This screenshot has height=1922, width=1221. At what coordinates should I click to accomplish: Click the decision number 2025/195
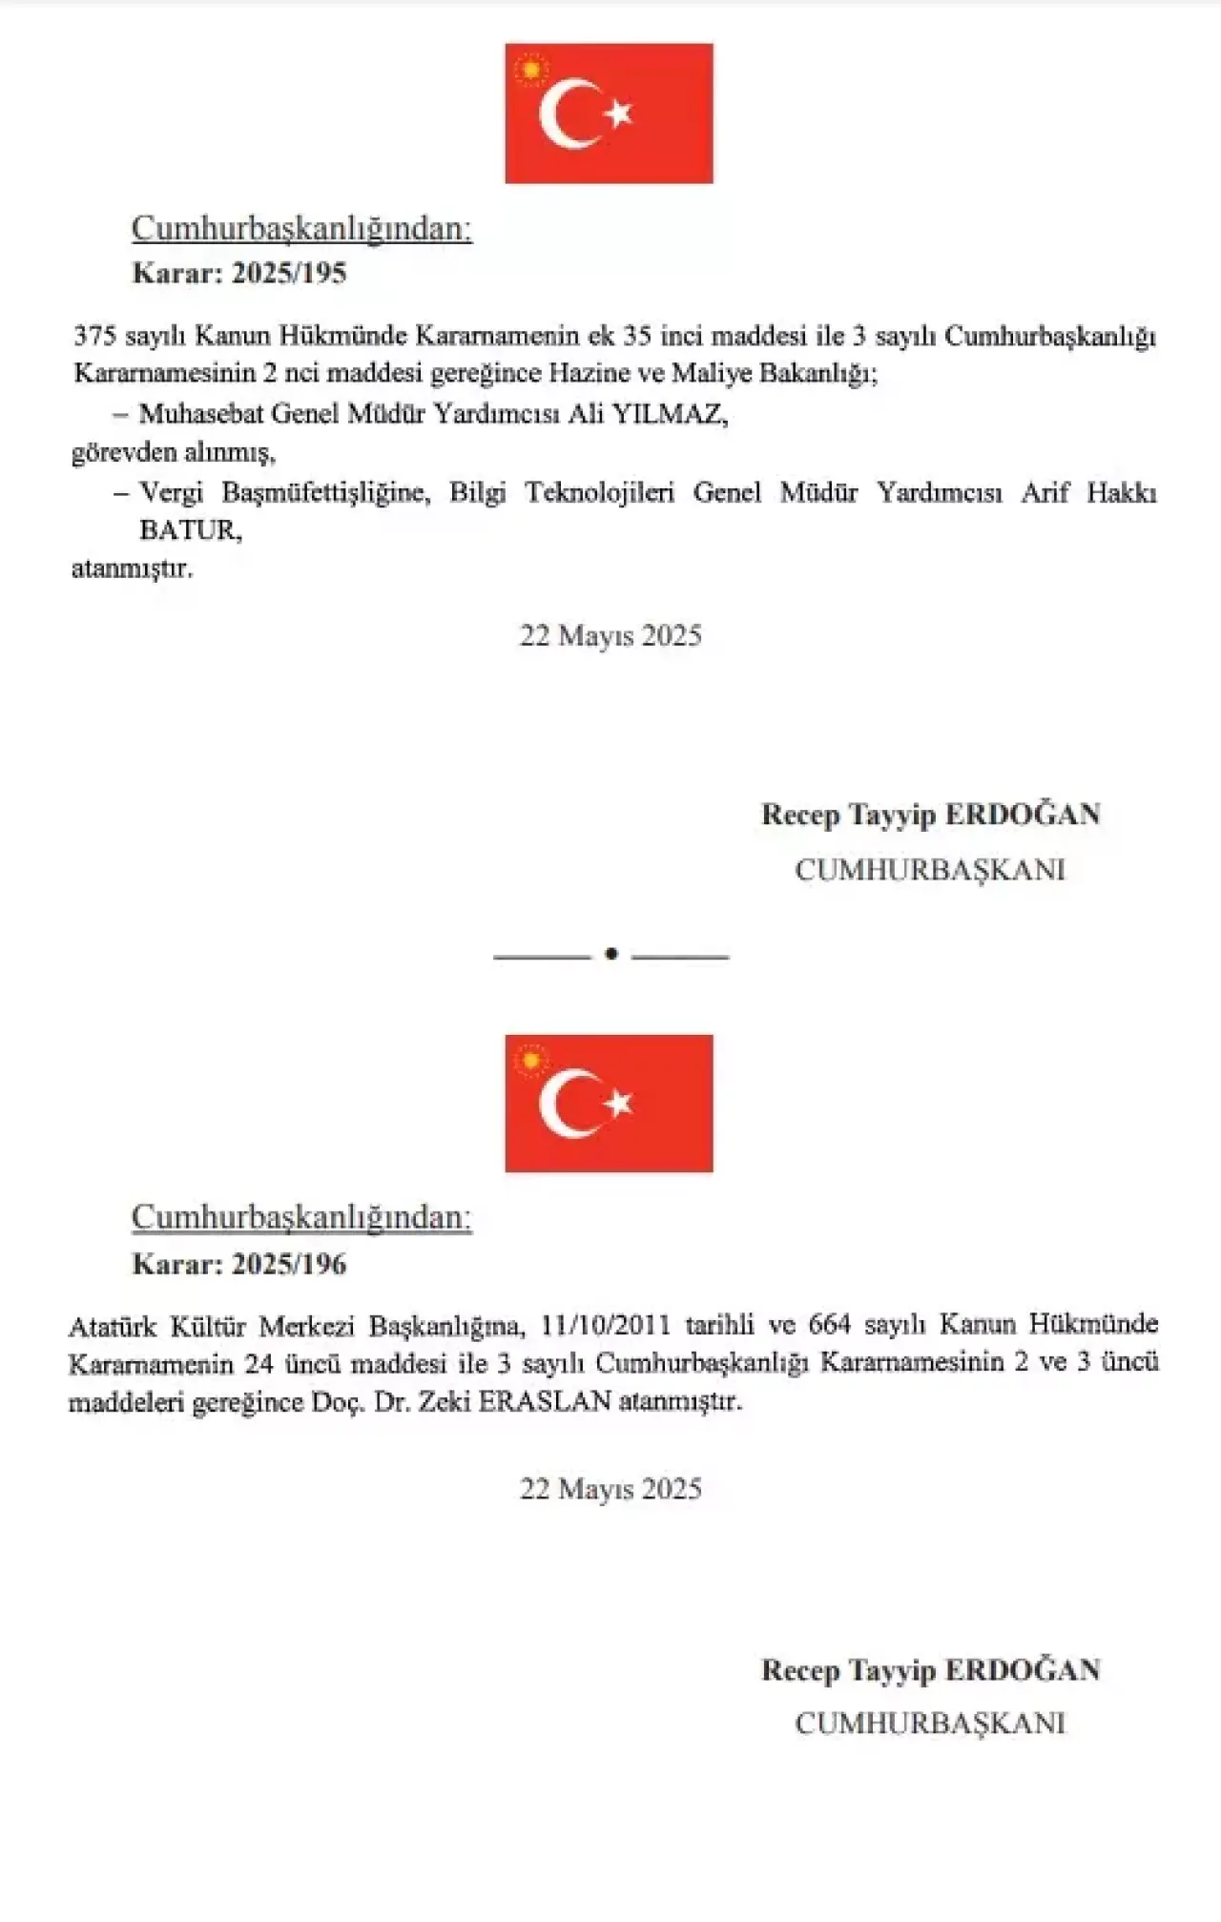(289, 274)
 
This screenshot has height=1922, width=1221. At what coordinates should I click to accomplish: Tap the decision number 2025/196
(289, 1265)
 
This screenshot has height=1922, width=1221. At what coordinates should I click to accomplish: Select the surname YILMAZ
(669, 414)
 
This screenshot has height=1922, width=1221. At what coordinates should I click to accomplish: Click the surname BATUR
(190, 529)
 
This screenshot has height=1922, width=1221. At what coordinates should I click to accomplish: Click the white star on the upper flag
(620, 114)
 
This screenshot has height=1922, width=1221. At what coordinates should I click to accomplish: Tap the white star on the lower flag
(620, 1104)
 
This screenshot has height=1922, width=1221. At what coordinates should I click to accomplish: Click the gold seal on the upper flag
(531, 70)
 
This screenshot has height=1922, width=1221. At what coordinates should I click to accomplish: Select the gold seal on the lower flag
(531, 1060)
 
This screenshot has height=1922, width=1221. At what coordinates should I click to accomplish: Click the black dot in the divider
(611, 954)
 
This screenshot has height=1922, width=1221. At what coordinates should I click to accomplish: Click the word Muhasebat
(201, 414)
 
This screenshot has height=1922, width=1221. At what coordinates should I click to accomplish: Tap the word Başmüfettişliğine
(325, 493)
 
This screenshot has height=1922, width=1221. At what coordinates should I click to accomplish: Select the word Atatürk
(112, 1326)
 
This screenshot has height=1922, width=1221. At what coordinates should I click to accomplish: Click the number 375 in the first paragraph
(94, 336)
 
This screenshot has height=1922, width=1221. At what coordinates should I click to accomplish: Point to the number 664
(829, 1324)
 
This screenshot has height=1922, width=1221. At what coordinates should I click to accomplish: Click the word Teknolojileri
(600, 492)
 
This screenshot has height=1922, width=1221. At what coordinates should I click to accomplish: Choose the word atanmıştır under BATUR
(132, 569)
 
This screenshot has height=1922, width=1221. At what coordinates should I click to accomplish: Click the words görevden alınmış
(173, 452)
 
